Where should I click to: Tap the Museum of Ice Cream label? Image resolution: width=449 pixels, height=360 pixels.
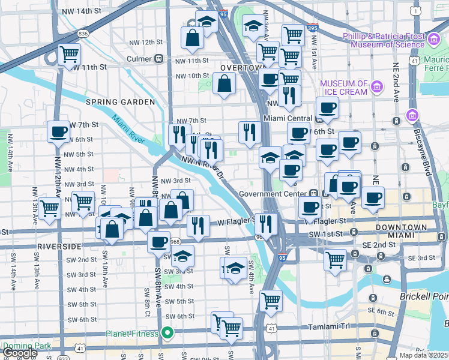click(x=343, y=88)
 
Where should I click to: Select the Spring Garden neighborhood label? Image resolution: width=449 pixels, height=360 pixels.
click(x=120, y=102)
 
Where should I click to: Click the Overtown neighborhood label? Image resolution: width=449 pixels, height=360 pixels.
click(x=242, y=68)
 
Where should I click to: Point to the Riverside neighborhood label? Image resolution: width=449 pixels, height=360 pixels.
click(x=59, y=247)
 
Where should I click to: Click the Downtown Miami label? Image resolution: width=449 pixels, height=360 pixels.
click(x=401, y=232)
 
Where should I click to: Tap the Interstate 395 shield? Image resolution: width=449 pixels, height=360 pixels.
click(x=312, y=28)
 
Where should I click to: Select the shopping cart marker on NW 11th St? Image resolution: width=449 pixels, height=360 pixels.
click(x=70, y=54)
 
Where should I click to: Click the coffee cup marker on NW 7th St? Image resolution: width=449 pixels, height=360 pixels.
click(x=59, y=131)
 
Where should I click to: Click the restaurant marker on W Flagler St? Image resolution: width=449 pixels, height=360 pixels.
click(x=197, y=226)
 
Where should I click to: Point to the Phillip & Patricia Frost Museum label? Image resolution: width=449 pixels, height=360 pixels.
click(x=384, y=40)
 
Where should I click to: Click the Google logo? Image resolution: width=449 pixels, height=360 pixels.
click(x=19, y=353)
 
